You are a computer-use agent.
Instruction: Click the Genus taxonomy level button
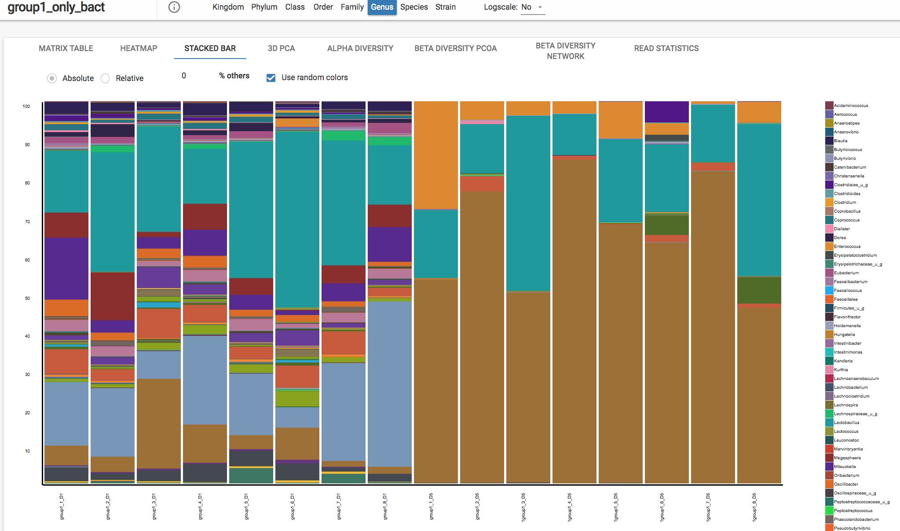(x=382, y=7)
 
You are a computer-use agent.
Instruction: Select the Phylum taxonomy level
(x=264, y=7)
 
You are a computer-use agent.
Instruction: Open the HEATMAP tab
(x=139, y=48)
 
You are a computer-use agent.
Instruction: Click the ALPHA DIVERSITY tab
(x=360, y=48)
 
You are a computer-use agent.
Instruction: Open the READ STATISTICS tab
(x=666, y=48)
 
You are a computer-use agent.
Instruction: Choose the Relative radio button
(x=105, y=78)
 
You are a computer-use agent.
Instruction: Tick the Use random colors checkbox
(x=271, y=78)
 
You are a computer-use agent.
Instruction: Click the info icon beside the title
(x=174, y=7)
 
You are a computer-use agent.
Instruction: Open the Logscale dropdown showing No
(x=533, y=7)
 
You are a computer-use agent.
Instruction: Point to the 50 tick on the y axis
(x=27, y=298)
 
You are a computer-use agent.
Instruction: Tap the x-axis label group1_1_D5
(x=432, y=506)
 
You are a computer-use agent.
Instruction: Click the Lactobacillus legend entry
(x=846, y=423)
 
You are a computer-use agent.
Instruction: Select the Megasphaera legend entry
(x=847, y=458)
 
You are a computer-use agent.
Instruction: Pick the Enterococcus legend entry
(x=847, y=247)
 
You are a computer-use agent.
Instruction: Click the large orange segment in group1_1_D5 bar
(x=435, y=154)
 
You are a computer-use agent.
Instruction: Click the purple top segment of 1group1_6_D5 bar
(x=666, y=112)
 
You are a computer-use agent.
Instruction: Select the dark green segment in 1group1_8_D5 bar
(x=759, y=290)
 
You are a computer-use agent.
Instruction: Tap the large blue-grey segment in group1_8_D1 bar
(x=389, y=383)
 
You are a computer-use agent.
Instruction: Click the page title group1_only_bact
(x=56, y=7)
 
